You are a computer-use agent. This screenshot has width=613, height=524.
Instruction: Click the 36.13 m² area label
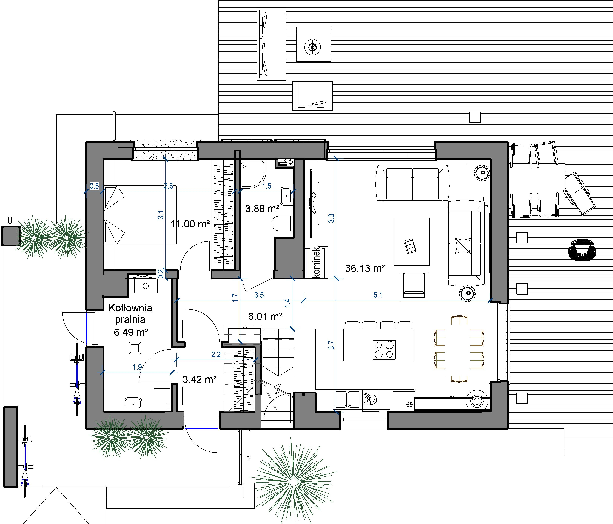[365, 269]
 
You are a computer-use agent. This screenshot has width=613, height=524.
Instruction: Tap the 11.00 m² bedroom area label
[190, 224]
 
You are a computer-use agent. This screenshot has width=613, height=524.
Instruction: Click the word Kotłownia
[130, 308]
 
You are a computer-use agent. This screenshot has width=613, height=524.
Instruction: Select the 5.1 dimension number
[378, 295]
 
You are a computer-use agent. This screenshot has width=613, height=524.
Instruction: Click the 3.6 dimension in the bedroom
[168, 186]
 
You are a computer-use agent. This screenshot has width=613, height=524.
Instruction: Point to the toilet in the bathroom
[283, 223]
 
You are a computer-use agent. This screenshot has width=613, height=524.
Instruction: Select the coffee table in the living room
[412, 242]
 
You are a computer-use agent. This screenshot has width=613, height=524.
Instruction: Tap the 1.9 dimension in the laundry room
[137, 367]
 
